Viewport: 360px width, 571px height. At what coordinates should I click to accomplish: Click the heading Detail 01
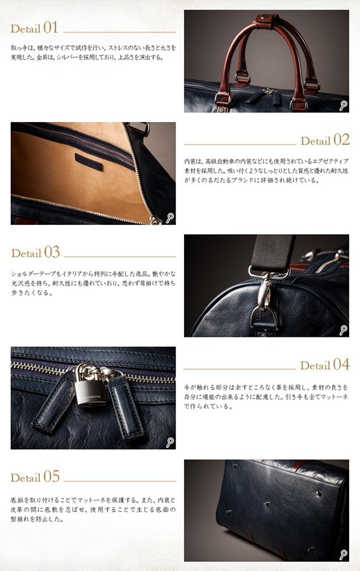click(35, 27)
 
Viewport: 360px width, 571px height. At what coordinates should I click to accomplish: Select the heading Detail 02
click(325, 140)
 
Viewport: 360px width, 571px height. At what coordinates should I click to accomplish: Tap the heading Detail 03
click(35, 252)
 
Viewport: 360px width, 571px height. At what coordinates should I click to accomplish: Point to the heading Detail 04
click(324, 365)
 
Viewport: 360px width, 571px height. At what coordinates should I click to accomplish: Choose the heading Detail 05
click(35, 477)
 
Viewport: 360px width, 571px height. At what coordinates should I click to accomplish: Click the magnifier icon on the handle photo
click(343, 105)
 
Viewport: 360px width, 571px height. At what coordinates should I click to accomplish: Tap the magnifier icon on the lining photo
click(169, 218)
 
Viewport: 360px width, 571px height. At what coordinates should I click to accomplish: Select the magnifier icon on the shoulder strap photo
click(343, 330)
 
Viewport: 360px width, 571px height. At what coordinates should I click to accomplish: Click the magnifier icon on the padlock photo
click(169, 442)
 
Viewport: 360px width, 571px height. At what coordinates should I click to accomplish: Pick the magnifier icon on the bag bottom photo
click(343, 555)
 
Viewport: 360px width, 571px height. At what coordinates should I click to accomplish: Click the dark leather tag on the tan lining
click(89, 161)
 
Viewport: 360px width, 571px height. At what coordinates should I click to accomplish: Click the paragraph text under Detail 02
click(266, 170)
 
